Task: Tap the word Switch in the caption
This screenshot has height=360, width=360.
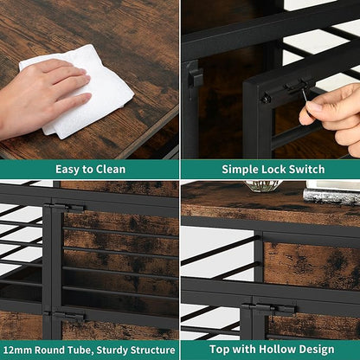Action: click(307, 169)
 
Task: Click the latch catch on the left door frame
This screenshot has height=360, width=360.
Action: click(195, 76)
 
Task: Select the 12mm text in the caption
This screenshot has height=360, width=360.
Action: click(17, 350)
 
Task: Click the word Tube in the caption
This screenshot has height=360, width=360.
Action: click(80, 350)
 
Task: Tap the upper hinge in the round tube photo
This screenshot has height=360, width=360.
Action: click(66, 208)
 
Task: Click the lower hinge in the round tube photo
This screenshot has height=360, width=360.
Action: click(65, 317)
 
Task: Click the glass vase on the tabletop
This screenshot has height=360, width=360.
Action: click(262, 186)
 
